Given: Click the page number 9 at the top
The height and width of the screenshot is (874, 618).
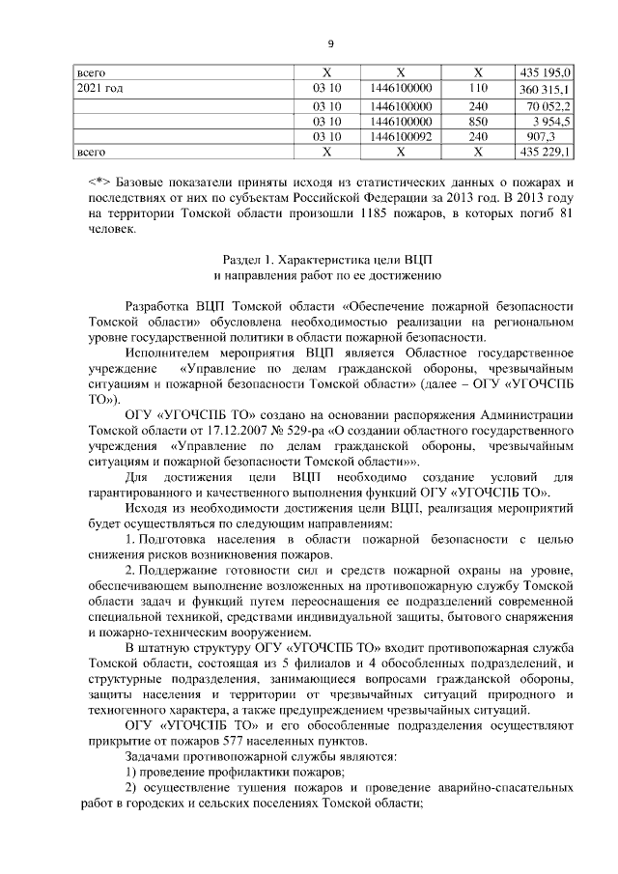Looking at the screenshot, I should click(x=329, y=43).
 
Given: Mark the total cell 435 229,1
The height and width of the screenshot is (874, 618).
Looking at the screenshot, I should click(x=547, y=153).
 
